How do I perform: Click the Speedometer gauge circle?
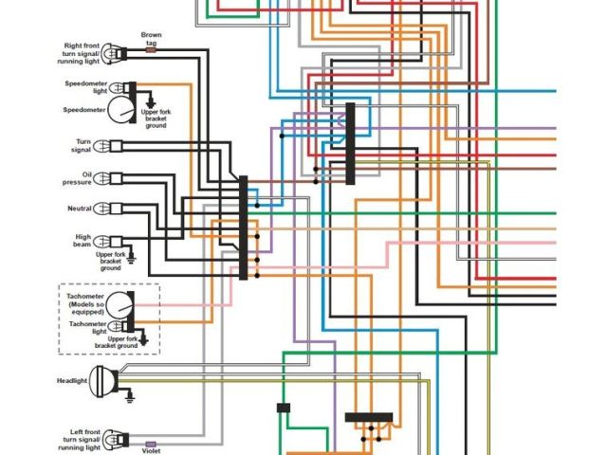click(x=120, y=110)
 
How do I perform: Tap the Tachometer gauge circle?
click(x=120, y=305)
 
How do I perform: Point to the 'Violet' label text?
click(x=151, y=450)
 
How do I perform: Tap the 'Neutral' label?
click(x=79, y=209)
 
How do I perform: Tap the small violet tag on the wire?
click(x=150, y=443)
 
